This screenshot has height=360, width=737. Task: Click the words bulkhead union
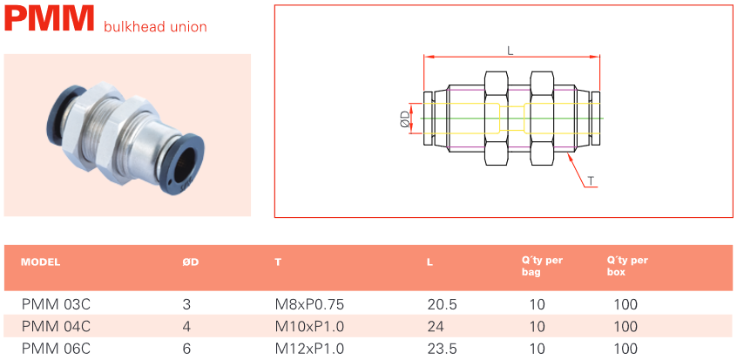[155, 27]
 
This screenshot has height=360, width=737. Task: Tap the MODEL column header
[40, 262]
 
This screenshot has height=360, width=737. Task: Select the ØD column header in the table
[191, 262]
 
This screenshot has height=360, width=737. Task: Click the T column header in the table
[278, 262]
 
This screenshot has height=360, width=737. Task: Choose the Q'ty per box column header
[627, 266]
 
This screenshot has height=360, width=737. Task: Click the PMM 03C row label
[56, 304]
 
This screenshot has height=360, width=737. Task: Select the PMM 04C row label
[56, 327]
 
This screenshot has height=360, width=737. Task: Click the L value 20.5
[443, 304]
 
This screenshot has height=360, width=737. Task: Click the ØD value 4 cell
[186, 327]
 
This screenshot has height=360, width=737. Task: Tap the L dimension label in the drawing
[510, 50]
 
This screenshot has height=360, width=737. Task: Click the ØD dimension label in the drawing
[405, 119]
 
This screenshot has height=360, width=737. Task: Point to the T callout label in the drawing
[591, 181]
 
